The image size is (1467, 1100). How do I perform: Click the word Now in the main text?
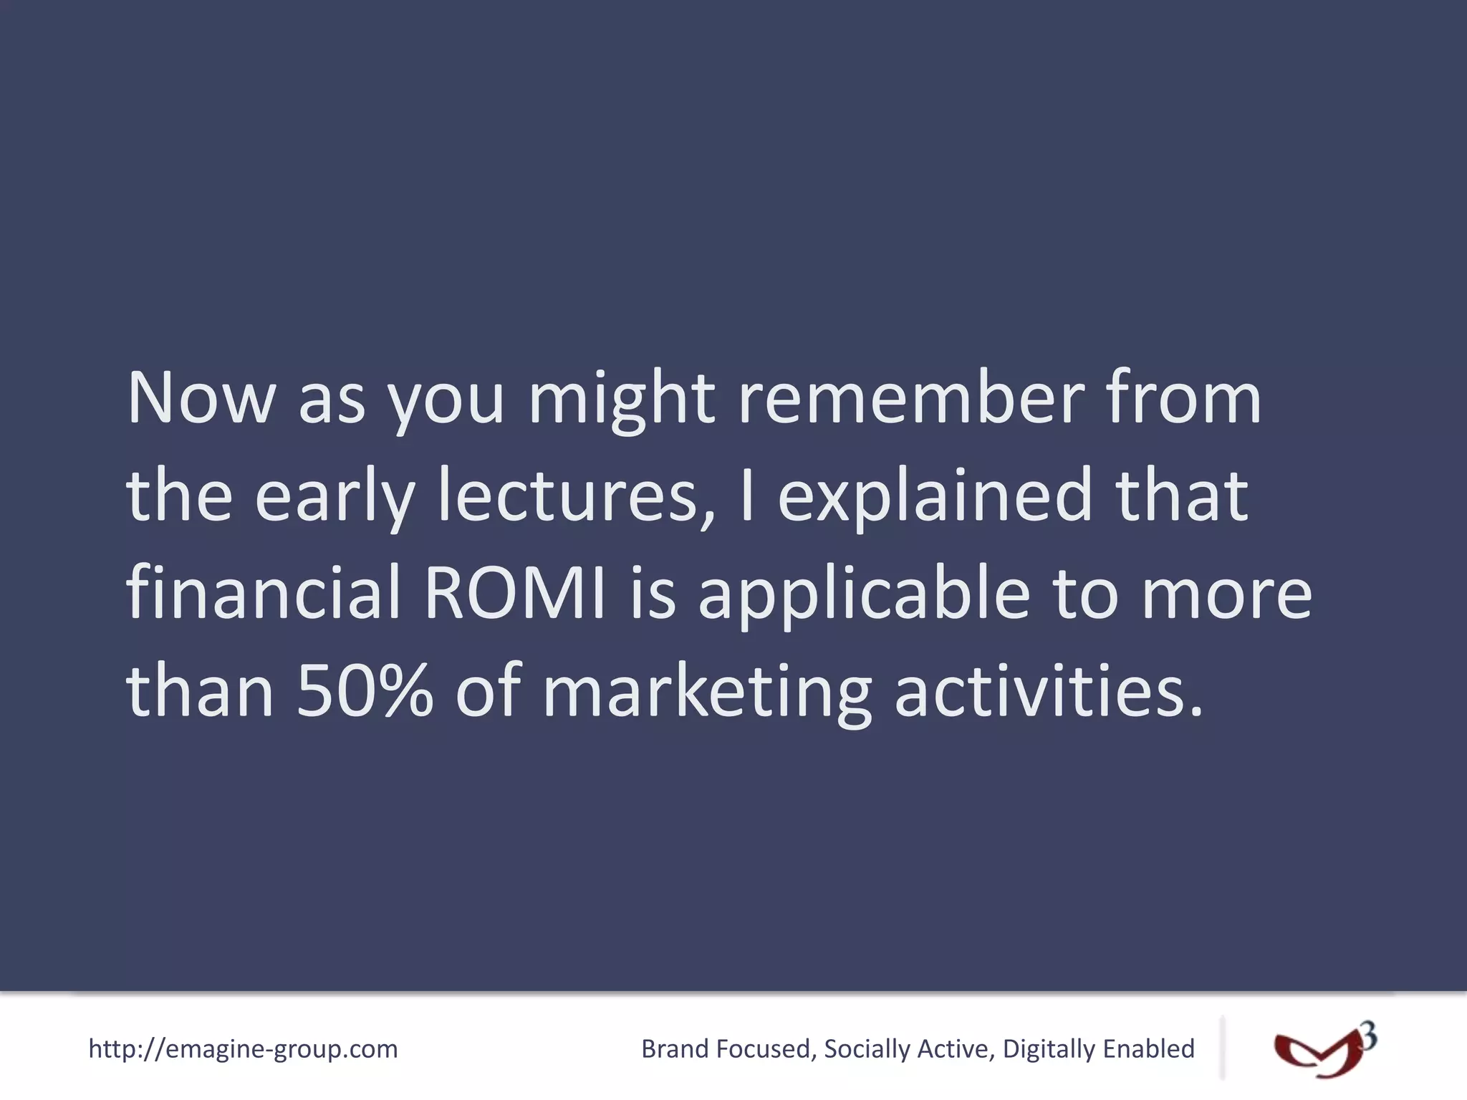(x=201, y=399)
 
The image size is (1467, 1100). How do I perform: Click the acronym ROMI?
(x=515, y=593)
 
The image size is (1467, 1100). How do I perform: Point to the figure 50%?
(x=365, y=690)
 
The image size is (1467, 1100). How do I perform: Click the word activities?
(x=1049, y=690)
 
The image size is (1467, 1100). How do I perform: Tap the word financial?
(x=263, y=593)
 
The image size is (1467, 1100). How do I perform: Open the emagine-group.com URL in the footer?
(x=243, y=1049)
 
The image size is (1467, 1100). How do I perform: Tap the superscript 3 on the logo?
(x=1367, y=1037)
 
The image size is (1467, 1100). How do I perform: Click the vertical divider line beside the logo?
(x=1223, y=1047)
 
